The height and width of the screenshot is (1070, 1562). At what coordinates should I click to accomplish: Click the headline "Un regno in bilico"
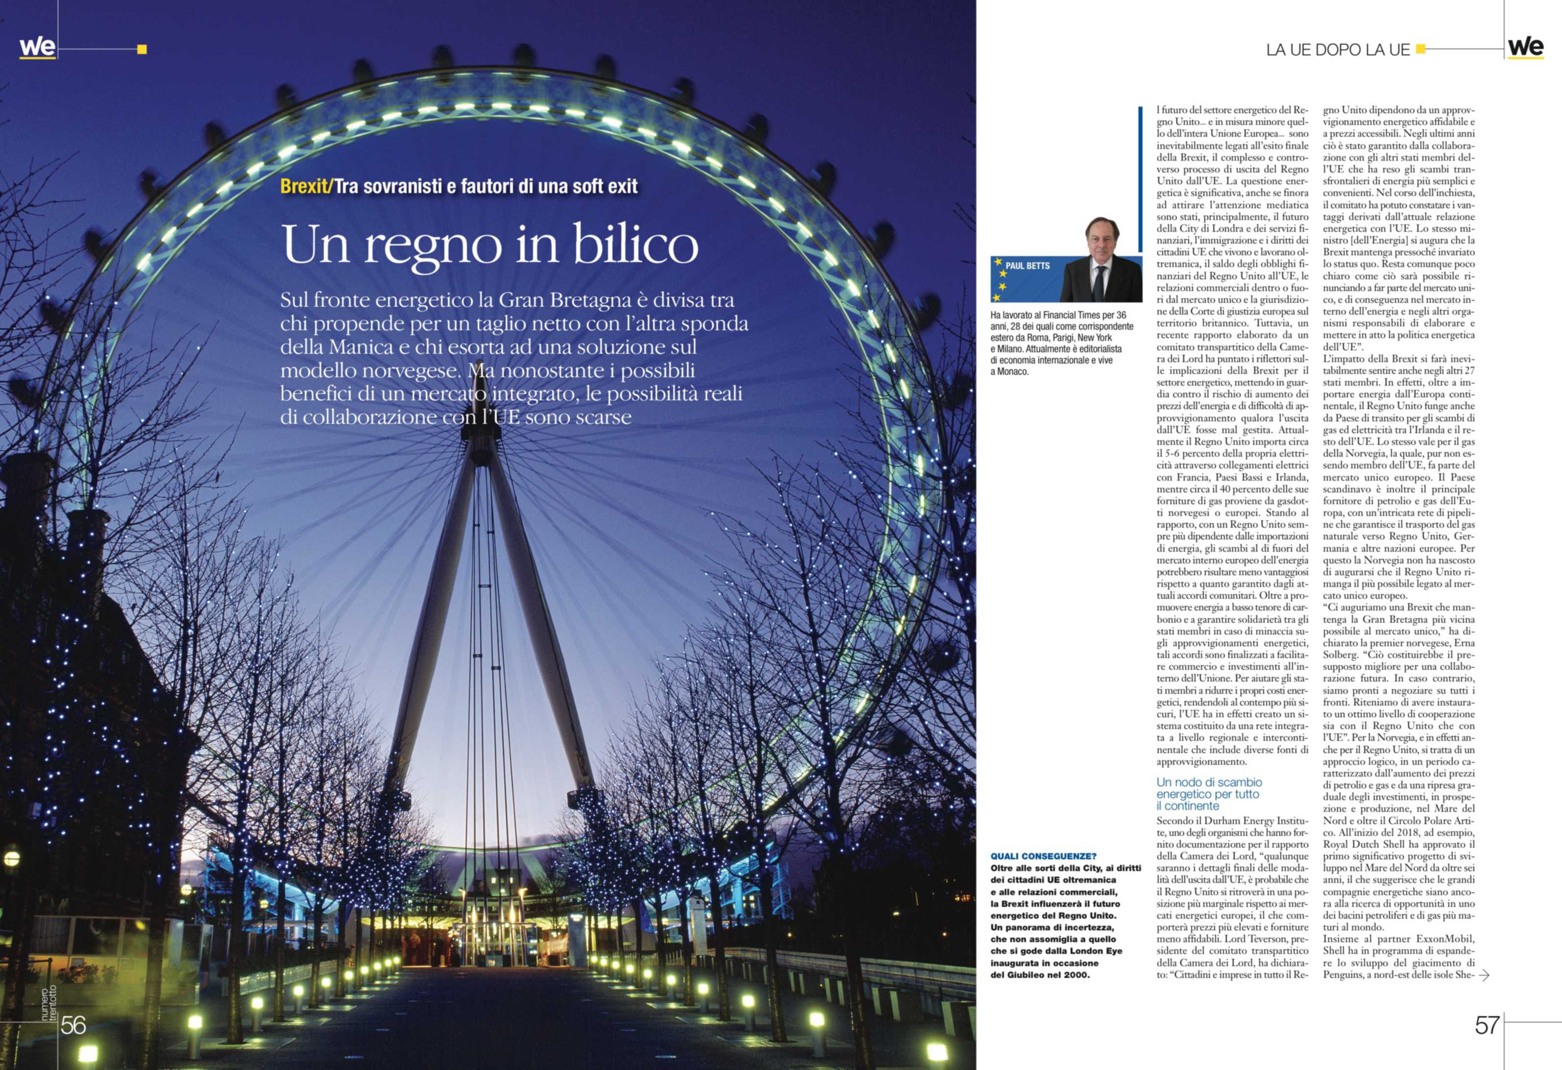point(490,244)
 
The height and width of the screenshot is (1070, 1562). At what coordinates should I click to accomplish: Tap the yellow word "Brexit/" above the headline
point(306,186)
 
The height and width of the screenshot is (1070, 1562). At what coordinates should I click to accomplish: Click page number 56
point(73,1025)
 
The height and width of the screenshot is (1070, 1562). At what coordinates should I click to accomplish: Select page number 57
point(1487,1025)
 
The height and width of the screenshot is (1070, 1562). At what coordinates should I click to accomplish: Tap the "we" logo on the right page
point(1525,47)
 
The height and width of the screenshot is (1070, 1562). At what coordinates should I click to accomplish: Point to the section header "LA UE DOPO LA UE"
point(1338,50)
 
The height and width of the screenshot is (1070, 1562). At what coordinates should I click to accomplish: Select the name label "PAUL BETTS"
point(1027,266)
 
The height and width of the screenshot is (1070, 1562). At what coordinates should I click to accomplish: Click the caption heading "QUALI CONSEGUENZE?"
point(1043,856)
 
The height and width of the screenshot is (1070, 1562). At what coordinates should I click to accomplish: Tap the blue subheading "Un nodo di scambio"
point(1209,782)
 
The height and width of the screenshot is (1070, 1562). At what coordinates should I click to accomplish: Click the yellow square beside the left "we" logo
point(142,49)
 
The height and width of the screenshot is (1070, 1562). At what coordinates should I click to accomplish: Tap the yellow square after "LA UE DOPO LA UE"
point(1420,49)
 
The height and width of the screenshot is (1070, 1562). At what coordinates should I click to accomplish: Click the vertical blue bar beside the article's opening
point(1140,179)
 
